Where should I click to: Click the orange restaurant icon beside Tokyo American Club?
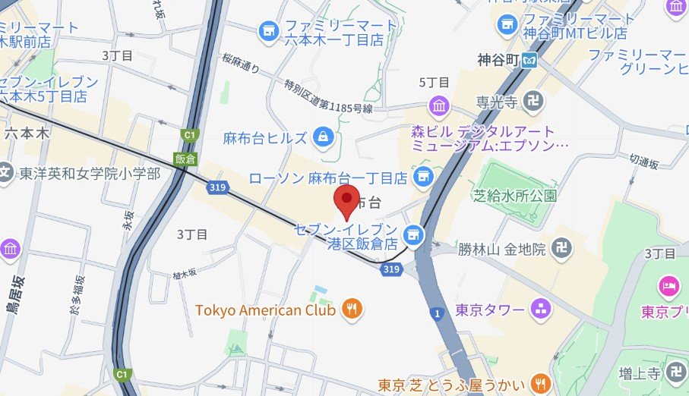click(x=352, y=308)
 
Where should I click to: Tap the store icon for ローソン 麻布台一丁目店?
click(x=422, y=177)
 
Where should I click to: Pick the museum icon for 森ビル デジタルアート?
click(x=439, y=105)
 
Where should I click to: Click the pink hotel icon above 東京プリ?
click(x=668, y=287)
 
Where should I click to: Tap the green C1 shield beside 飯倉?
click(x=186, y=135)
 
